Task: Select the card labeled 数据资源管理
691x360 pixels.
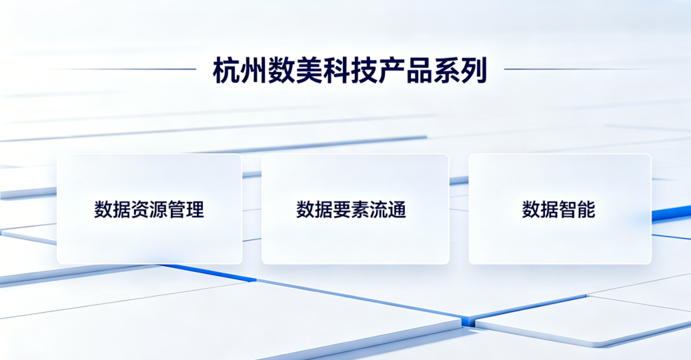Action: [x=149, y=209]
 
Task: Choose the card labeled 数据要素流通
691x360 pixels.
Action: [x=356, y=209]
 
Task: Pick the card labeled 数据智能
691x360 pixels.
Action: [x=560, y=209]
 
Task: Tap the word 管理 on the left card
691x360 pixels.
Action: [x=186, y=209]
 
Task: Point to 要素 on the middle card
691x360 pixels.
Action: [x=351, y=209]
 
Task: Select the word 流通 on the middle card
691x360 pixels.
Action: [x=388, y=209]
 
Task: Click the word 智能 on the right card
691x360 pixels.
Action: [x=578, y=209]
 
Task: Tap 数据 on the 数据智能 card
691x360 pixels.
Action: [x=540, y=209]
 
